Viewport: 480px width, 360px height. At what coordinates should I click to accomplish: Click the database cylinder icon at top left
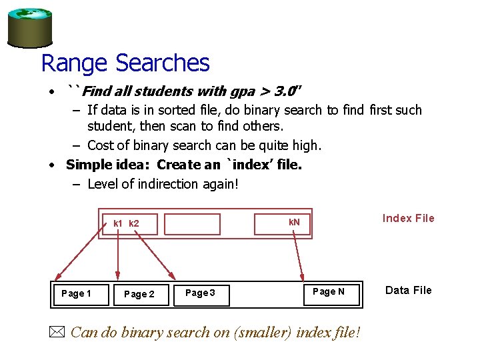click(29, 27)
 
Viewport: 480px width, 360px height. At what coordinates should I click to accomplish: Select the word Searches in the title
click(162, 63)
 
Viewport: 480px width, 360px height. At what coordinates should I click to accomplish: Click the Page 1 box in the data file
click(76, 293)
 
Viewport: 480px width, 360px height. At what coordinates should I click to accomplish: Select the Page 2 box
click(139, 294)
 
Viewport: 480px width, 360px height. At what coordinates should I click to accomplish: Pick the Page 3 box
click(200, 293)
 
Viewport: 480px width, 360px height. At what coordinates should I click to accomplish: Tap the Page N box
click(329, 291)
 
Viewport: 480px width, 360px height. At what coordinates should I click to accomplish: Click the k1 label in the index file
click(117, 223)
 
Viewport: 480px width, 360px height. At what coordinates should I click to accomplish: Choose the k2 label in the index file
click(133, 223)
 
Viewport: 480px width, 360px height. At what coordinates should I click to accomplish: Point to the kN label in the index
click(294, 222)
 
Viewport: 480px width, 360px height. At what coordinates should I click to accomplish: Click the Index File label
click(408, 218)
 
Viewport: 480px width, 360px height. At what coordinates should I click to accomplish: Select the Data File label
click(408, 290)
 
